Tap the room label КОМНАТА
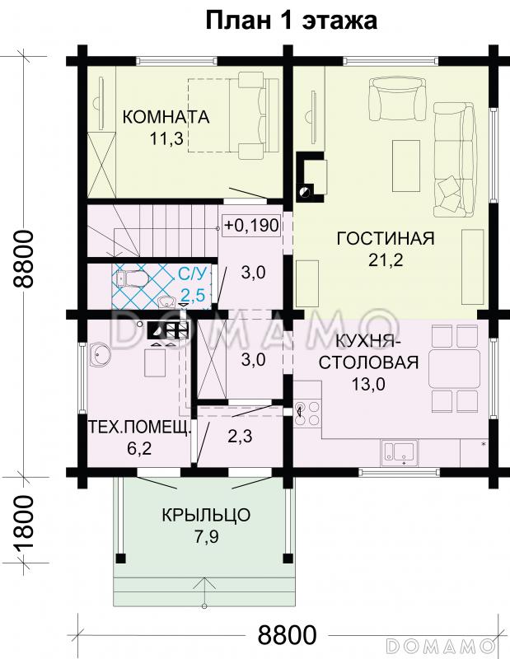point(166,117)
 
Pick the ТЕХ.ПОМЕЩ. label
point(138,429)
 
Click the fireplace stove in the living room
point(311,175)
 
